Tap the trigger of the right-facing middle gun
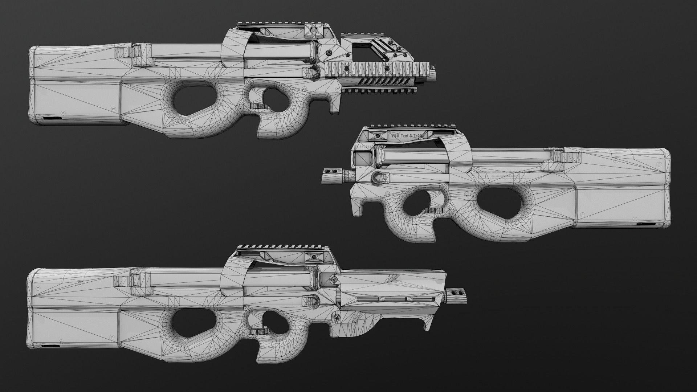click(x=435, y=210)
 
